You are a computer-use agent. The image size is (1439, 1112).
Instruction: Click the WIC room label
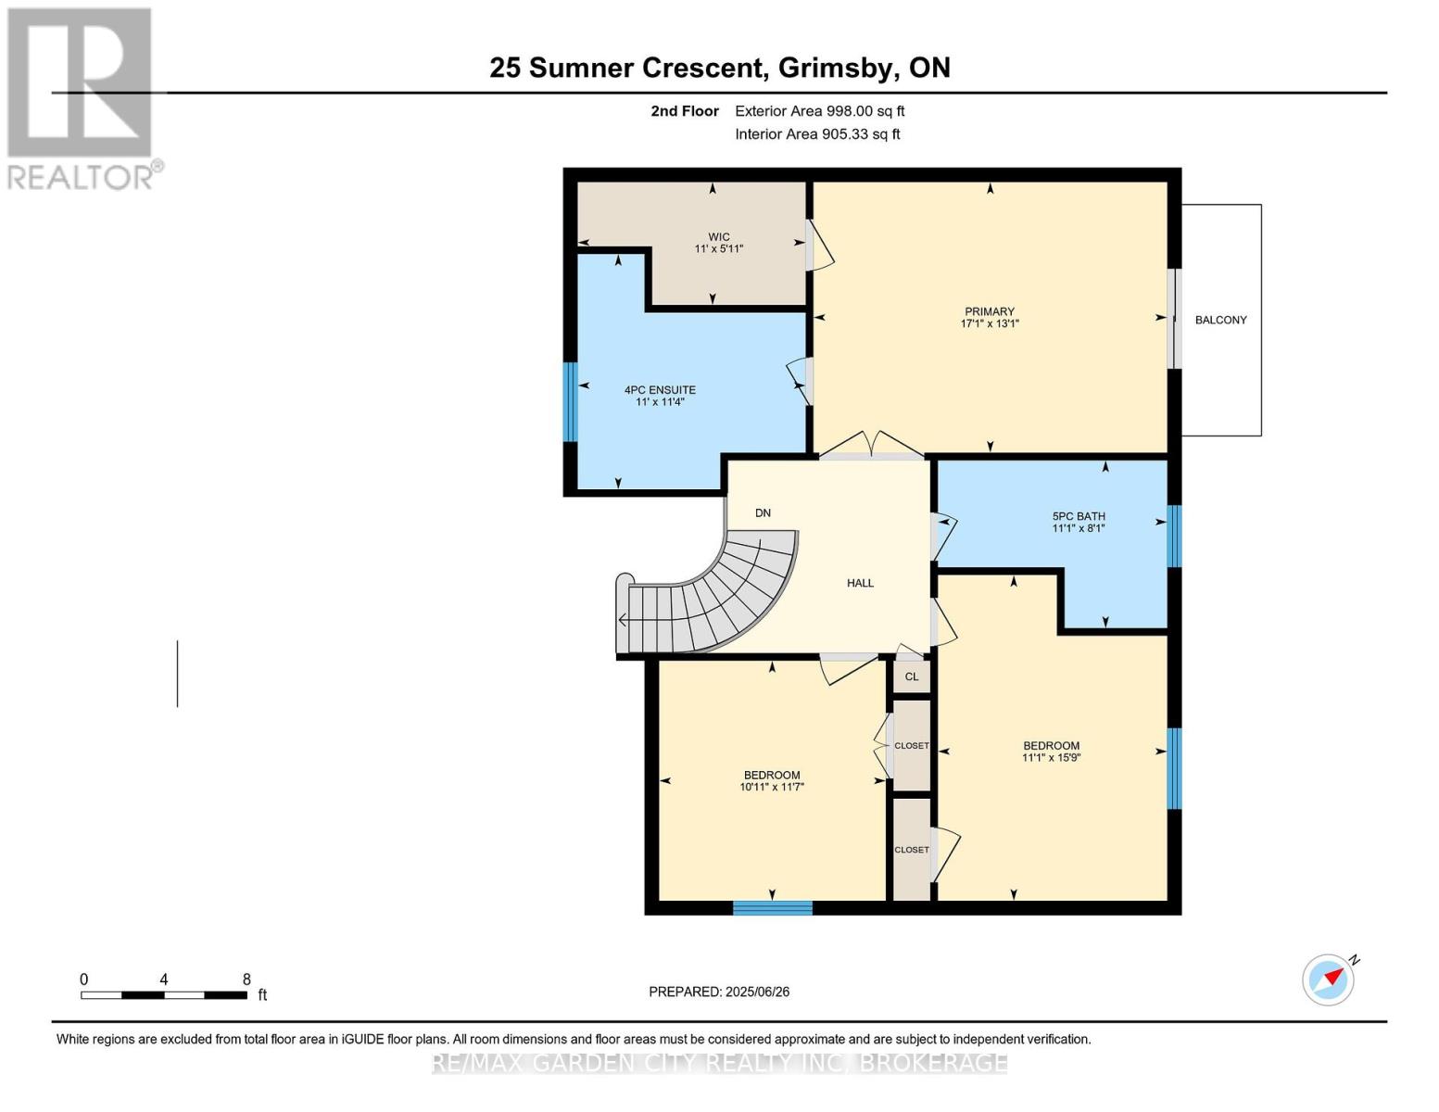coord(719,236)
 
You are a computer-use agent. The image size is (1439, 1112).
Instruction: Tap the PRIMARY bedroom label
coord(990,311)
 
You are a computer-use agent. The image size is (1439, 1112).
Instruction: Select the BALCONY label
coord(1220,320)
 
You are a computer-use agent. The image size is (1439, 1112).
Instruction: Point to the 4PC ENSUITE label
coord(660,390)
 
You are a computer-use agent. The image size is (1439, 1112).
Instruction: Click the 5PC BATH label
coord(1079,516)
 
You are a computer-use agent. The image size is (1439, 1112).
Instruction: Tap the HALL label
coord(860,583)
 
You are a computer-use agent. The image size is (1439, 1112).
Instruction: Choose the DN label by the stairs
coord(763,512)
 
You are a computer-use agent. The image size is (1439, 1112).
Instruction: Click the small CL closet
coord(912,676)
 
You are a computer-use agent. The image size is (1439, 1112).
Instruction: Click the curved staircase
coord(709,596)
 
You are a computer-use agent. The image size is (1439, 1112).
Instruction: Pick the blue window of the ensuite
coord(570,401)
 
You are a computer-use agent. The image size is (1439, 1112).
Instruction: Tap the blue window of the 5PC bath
coord(1173,536)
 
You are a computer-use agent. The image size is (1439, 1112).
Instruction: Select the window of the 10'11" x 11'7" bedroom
coord(772,908)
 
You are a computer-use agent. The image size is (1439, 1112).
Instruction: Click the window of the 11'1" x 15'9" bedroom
coord(1173,768)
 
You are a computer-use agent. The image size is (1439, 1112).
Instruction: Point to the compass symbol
coord(1328,980)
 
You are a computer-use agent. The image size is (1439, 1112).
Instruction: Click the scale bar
coord(164,994)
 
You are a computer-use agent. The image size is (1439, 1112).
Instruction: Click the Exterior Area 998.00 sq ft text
coord(820,111)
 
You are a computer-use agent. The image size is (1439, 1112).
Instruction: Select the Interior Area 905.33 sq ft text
coord(817,134)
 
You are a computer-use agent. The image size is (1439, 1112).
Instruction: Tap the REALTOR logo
coord(82,99)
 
